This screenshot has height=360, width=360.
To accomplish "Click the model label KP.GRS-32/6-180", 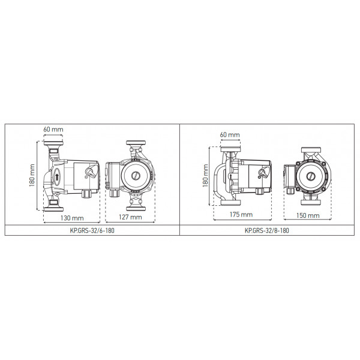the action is tap(92, 230).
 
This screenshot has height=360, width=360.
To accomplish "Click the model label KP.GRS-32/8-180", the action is tap(267, 230).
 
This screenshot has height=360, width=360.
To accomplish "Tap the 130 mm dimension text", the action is tap(72, 218).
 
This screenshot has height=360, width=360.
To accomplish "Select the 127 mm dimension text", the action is tap(130, 217).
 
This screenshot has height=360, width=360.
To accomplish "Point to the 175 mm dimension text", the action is tap(241, 214).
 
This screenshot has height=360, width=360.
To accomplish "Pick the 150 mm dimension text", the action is tap(308, 215).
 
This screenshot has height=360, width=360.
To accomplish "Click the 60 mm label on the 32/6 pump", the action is tap(53, 129).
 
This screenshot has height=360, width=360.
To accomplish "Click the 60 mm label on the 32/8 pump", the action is tap(230, 134).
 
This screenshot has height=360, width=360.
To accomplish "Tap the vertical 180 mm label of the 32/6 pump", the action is tap(32, 175).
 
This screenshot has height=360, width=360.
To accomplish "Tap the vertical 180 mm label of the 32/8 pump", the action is tap(205, 176).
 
